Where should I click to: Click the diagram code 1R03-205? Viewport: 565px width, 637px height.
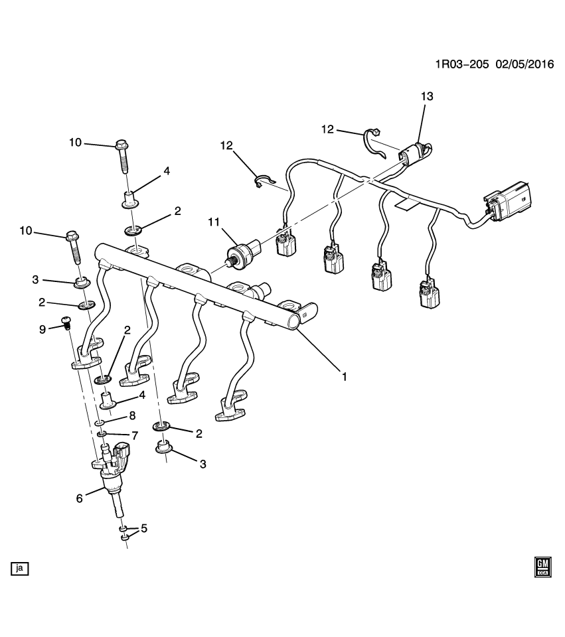tap(462, 65)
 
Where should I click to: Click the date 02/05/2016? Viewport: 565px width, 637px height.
tap(524, 65)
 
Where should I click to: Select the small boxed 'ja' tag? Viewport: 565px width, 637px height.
tap(20, 568)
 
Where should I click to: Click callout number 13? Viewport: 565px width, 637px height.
tap(426, 97)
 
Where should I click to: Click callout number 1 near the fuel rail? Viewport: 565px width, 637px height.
tap(345, 376)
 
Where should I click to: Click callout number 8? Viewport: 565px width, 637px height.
tap(132, 416)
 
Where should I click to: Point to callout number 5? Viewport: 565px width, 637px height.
tap(143, 529)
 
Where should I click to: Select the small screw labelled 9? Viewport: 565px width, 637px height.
tap(66, 323)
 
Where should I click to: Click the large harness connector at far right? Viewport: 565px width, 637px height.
tap(509, 200)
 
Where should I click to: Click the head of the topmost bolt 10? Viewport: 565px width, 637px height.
tap(121, 144)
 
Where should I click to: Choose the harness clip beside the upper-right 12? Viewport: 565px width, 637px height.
tap(375, 143)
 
